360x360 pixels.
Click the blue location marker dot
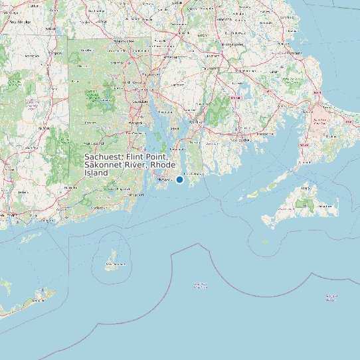coord(179,179)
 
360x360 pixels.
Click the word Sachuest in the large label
coord(104,157)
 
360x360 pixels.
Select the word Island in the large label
coord(96,173)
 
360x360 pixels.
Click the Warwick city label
coord(135,123)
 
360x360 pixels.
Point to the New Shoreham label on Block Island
coord(114,264)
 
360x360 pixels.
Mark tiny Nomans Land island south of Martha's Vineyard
coord(265,241)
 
